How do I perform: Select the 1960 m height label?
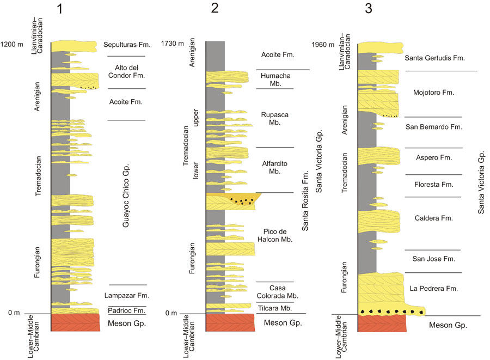[x=322, y=45]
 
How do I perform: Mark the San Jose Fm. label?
[x=433, y=259]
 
